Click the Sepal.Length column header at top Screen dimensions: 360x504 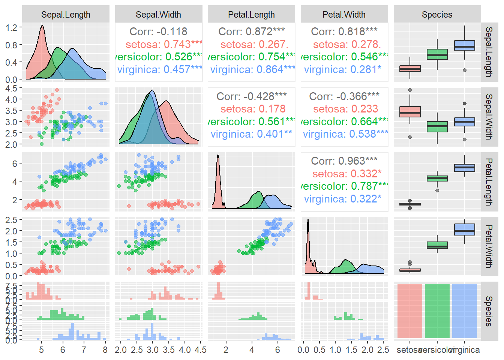click(x=66, y=15)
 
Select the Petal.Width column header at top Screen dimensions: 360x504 click(x=344, y=15)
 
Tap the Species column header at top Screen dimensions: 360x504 click(x=437, y=15)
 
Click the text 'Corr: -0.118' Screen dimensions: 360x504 click(x=158, y=31)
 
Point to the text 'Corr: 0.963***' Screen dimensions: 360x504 click(x=344, y=161)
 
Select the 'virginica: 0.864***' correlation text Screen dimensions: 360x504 click(x=252, y=69)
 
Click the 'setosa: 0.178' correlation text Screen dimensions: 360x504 click(x=253, y=109)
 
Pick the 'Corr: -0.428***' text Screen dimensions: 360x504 click(x=251, y=96)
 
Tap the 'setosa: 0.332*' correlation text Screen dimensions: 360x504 click(x=346, y=174)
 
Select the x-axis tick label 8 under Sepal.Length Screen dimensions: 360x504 click(x=105, y=350)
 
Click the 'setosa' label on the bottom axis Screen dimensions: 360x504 click(x=409, y=350)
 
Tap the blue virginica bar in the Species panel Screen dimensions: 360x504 click(x=464, y=311)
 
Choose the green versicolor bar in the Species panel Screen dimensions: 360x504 click(x=437, y=311)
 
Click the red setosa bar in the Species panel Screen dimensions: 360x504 click(x=409, y=311)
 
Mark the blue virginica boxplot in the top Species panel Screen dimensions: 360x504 click(x=464, y=45)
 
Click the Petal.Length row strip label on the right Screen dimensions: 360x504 click(x=489, y=182)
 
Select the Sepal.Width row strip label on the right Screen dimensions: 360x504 click(x=489, y=117)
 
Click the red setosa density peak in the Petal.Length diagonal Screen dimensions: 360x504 click(x=217, y=157)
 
